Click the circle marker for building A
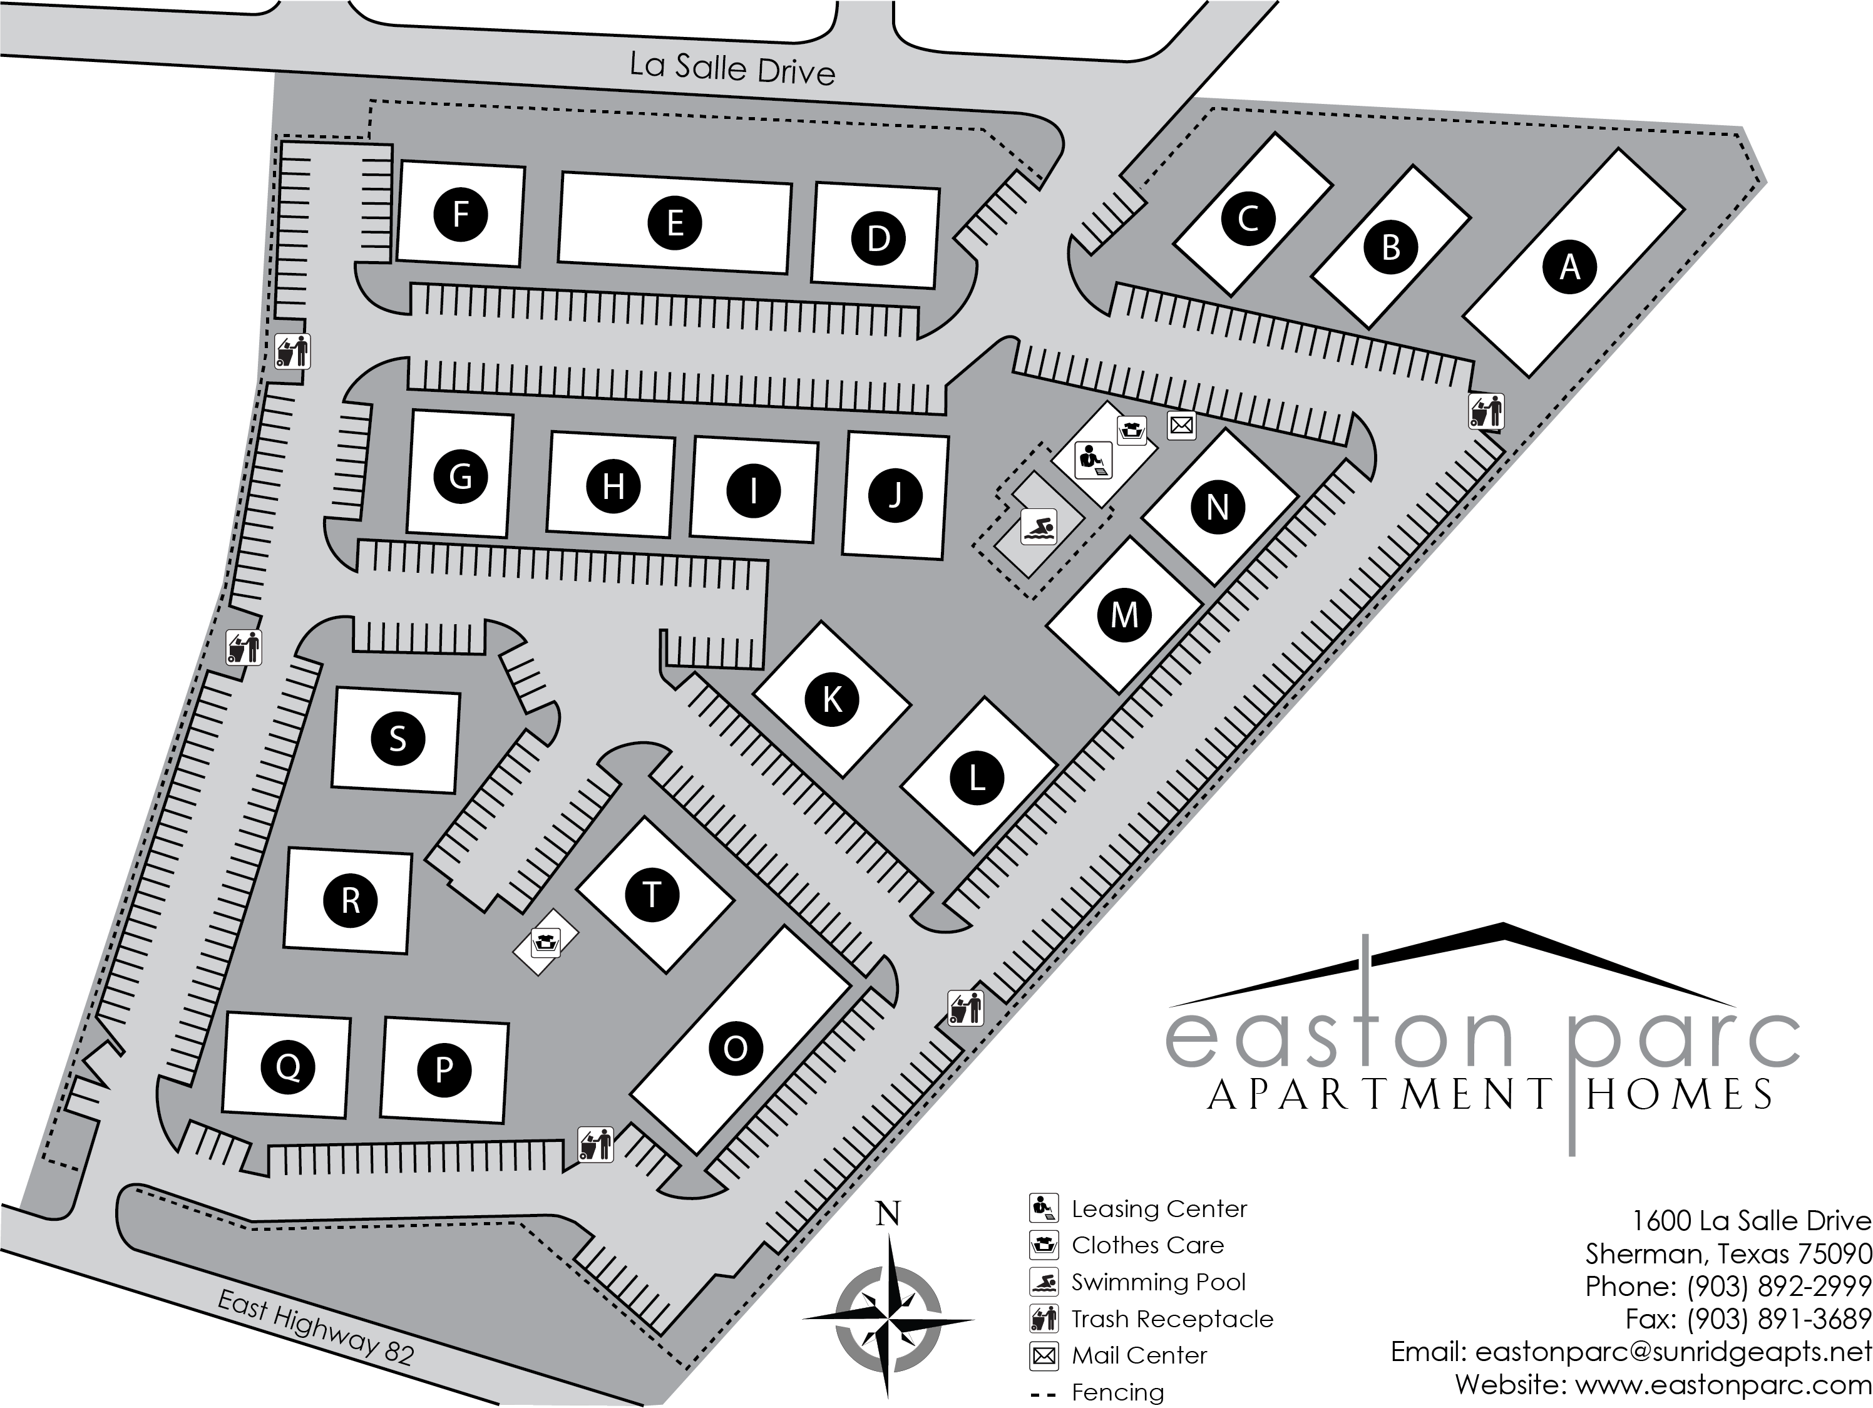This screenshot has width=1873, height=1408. coord(1570,267)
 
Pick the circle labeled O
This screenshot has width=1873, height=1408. coord(735,1049)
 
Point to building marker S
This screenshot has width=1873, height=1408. coord(397,739)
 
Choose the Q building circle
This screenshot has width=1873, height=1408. coord(288,1067)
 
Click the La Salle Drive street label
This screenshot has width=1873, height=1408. coord(732,68)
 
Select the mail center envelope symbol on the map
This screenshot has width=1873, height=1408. coord(1181,425)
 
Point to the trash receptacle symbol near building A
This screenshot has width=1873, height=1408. coord(1486,411)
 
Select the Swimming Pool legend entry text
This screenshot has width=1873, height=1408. coord(1158,1282)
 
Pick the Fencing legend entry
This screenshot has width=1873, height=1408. coord(1117,1392)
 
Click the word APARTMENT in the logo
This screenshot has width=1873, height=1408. coord(1380,1095)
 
